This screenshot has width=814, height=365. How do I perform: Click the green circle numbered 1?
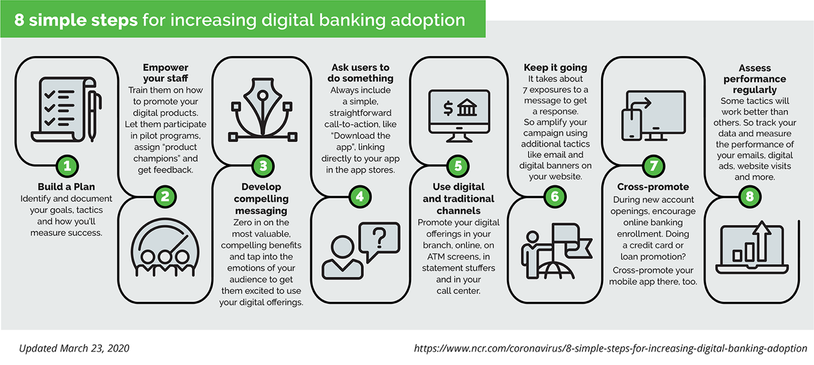click(67, 166)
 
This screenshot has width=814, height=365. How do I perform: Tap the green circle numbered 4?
click(360, 196)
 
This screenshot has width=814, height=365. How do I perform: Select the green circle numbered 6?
click(555, 196)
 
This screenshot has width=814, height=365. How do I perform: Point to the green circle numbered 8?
click(750, 196)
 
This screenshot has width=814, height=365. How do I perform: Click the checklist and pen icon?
click(67, 109)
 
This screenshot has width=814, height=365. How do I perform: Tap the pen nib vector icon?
click(262, 109)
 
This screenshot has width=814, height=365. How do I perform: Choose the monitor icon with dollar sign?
click(459, 116)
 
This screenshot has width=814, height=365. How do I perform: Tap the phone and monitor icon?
click(654, 116)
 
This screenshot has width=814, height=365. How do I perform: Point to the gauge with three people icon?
click(165, 247)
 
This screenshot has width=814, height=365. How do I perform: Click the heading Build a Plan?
click(66, 187)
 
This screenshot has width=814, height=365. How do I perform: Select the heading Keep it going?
click(555, 68)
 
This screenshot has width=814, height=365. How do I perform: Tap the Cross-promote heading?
click(653, 187)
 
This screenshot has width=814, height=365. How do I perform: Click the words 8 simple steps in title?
click(76, 20)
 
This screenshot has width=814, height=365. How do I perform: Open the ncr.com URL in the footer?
click(610, 348)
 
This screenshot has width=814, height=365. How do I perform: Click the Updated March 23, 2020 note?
click(74, 348)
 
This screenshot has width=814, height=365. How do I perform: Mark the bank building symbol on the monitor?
click(467, 107)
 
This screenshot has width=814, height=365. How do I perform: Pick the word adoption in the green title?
click(428, 21)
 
